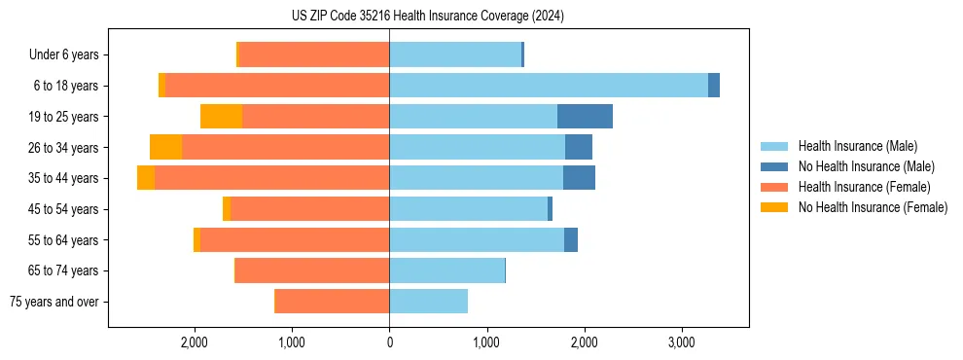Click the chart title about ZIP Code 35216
click(427, 17)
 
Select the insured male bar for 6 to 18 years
click(549, 86)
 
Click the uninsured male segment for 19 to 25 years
click(585, 117)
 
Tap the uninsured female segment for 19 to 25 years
click(221, 117)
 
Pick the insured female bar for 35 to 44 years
click(271, 178)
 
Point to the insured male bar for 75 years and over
click(428, 302)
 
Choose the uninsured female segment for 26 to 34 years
click(165, 147)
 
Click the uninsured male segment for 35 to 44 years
click(579, 178)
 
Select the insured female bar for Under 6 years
click(314, 54)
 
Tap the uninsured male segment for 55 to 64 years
click(571, 239)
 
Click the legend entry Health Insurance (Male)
click(857, 146)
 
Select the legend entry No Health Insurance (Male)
click(866, 166)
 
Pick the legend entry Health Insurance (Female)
click(864, 187)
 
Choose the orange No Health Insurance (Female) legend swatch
click(775, 207)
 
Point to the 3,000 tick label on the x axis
click(681, 342)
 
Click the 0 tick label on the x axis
click(389, 342)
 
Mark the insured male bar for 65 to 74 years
click(446, 270)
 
